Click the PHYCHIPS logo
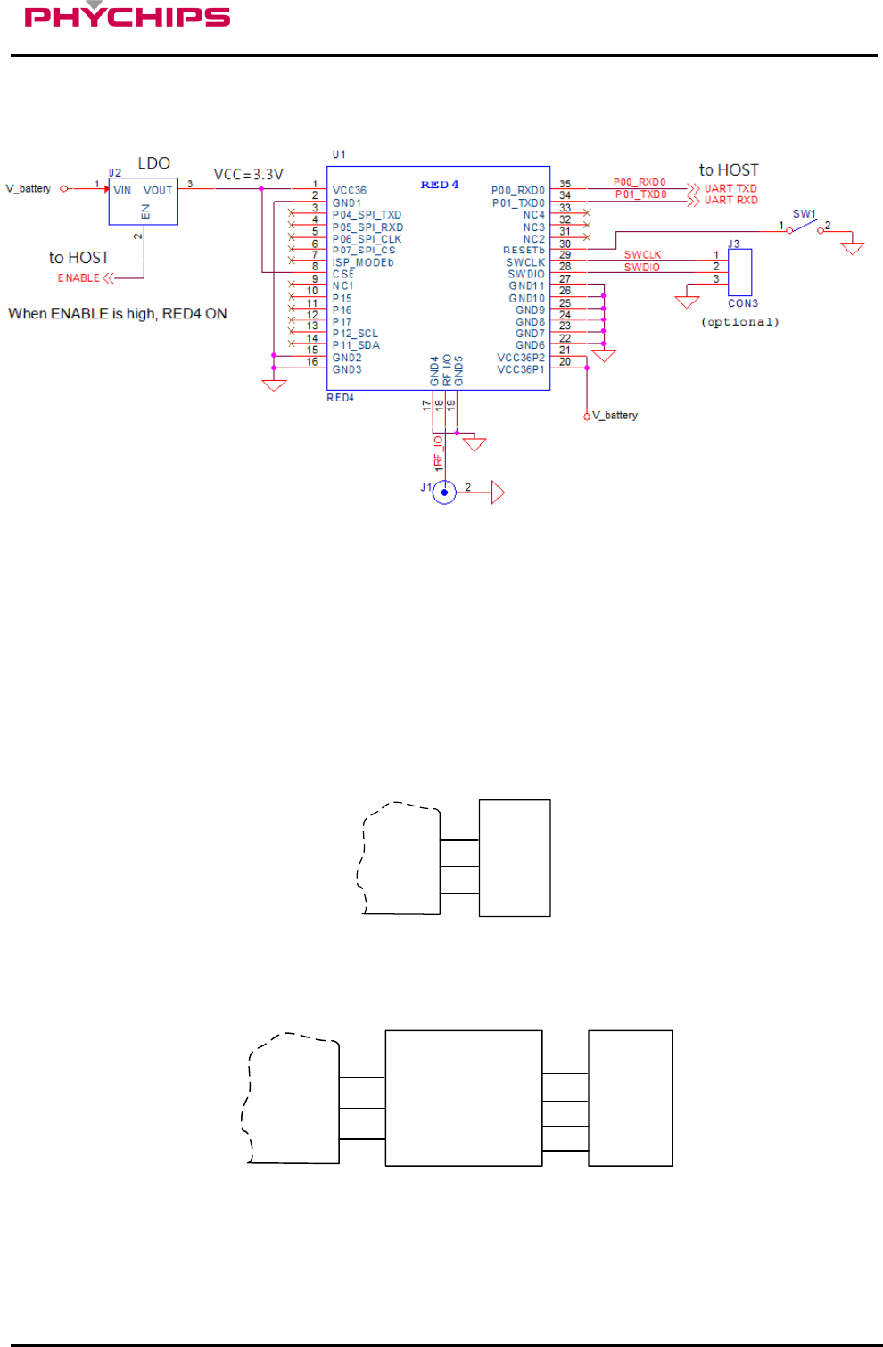point(127,16)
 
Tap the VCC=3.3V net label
point(248,175)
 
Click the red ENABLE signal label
point(78,278)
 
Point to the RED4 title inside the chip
point(440,185)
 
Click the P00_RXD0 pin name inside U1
point(517,191)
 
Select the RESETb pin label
point(524,251)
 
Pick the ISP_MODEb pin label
point(363,262)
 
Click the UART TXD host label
point(730,188)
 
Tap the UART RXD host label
point(730,201)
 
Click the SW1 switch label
point(804,214)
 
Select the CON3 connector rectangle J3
point(739,272)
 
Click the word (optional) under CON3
point(739,322)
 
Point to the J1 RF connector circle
point(444,492)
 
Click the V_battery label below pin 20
point(615,416)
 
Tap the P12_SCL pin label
point(355,334)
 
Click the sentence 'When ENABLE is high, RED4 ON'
point(118,314)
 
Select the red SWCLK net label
point(642,255)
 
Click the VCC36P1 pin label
point(521,369)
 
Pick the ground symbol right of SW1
point(853,247)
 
